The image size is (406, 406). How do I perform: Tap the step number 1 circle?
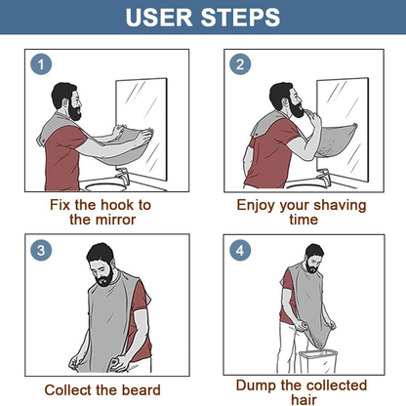click(40, 64)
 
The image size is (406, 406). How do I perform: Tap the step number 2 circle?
click(240, 64)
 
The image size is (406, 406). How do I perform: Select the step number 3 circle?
click(40, 250)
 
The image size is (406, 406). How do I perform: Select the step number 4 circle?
click(240, 250)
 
